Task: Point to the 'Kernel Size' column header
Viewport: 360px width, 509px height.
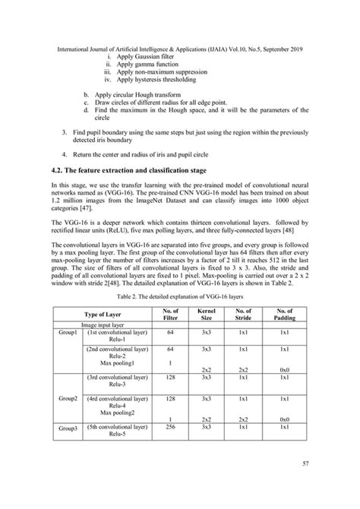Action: (207, 314)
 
